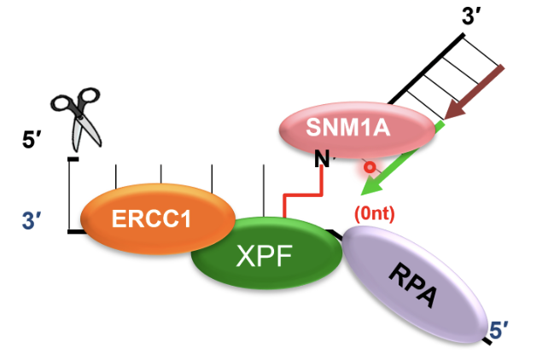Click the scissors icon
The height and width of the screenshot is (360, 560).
tap(76, 119)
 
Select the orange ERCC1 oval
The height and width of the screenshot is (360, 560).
tap(157, 218)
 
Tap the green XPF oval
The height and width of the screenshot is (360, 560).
tap(266, 253)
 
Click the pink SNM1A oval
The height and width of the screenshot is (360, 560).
tap(357, 131)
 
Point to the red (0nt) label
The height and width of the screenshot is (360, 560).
tap(374, 214)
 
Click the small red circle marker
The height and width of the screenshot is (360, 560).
tap(370, 167)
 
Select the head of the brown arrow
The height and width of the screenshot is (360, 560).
tap(454, 108)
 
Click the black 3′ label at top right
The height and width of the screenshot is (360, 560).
tap(470, 16)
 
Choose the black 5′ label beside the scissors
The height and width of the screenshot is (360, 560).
tap(32, 140)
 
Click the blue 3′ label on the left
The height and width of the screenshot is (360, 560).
tap(31, 220)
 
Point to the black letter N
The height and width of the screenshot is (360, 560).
tap(322, 159)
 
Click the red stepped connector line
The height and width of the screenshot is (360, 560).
tap(303, 195)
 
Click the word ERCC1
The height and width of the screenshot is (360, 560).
tap(151, 218)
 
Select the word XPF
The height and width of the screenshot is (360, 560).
tap(265, 256)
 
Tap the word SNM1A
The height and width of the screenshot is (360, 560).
tap(347, 127)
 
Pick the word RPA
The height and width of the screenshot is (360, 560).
tap(413, 284)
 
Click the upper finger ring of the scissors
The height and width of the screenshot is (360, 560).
tap(89, 96)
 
